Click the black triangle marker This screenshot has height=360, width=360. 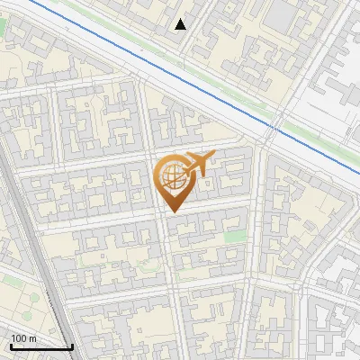[x=181, y=24]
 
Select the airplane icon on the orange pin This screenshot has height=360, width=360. [x=200, y=164]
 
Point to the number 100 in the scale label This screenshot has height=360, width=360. [x=19, y=338]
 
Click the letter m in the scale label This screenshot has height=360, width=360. [x=32, y=338]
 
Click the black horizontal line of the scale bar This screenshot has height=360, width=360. [x=41, y=347]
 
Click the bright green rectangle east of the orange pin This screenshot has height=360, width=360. [x=235, y=236]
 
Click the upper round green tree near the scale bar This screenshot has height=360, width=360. [x=34, y=299]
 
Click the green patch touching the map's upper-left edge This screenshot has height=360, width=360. [x=2, y=26]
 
